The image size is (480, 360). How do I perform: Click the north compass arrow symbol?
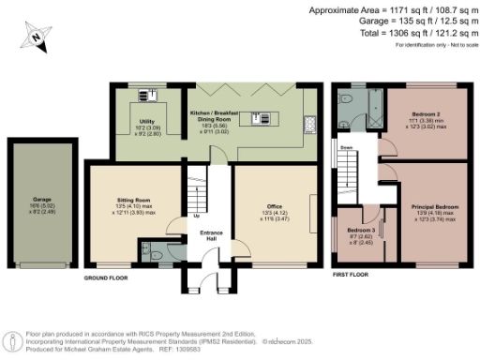35,37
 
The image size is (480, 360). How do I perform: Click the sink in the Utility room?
145,93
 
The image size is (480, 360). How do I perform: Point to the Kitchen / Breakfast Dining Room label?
216,117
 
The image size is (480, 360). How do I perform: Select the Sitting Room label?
133,201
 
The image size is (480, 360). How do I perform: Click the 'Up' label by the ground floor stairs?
195,215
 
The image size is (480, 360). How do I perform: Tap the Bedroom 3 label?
360,231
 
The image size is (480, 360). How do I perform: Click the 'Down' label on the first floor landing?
347,148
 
